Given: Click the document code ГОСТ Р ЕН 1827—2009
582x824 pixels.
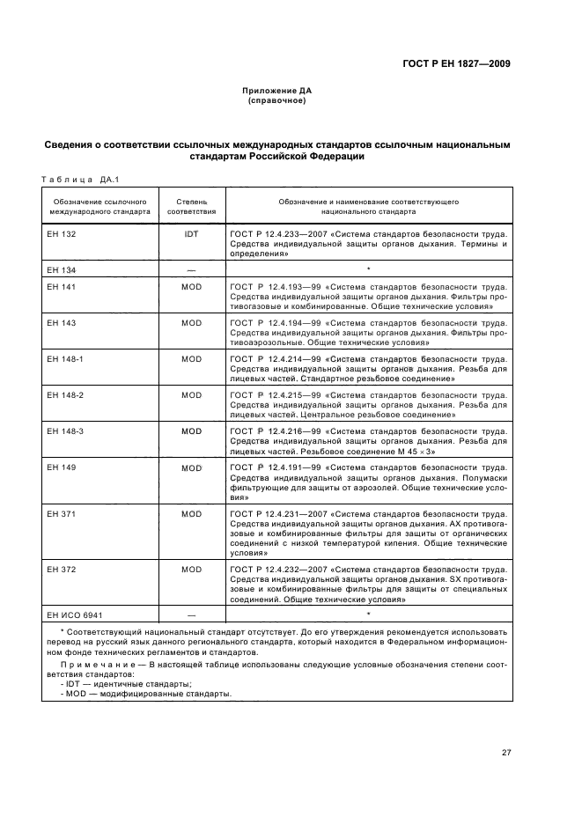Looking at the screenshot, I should [457, 63].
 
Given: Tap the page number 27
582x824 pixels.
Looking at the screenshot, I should [506, 752].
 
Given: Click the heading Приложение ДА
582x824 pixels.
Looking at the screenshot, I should [277, 91].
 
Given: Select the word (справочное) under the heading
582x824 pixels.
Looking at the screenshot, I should [277, 100].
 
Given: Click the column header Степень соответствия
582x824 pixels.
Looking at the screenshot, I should [191, 207].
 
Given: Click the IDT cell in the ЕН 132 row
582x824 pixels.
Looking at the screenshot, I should [191, 235].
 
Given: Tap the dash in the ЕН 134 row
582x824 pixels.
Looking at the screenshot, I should [191, 269].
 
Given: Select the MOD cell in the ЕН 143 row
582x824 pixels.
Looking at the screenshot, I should [191, 323].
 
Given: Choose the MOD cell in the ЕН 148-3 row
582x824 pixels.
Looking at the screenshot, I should [191, 431].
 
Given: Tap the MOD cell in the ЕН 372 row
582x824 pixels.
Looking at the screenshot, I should [191, 570].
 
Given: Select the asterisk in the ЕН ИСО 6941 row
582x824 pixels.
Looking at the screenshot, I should [367, 613].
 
